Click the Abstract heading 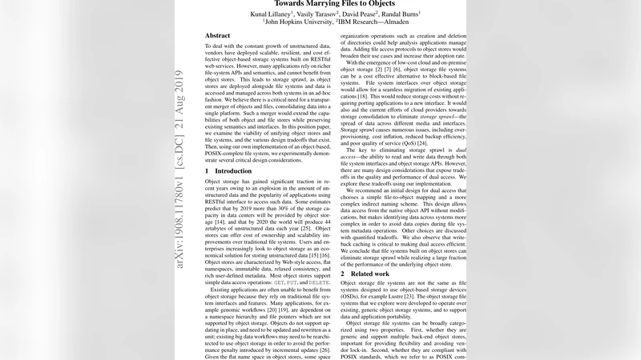click(x=217, y=37)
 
